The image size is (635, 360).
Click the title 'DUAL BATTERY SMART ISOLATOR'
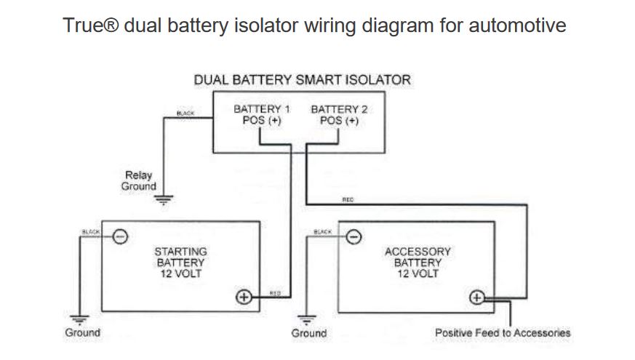point(302,79)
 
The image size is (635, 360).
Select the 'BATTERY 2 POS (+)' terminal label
point(339,115)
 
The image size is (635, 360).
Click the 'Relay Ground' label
point(138,180)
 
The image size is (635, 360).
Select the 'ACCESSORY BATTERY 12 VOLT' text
point(418,263)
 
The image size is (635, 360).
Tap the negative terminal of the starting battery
point(121,236)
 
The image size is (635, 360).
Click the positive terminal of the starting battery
point(244,297)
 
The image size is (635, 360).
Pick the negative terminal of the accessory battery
point(353,236)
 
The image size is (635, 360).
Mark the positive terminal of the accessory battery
point(477,297)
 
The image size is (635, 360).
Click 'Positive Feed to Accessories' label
point(503,333)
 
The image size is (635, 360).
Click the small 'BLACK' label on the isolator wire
point(185,113)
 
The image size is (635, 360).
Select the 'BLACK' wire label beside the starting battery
point(92,231)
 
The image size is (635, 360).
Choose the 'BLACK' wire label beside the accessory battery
point(322,231)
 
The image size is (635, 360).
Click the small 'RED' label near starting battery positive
point(275,292)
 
